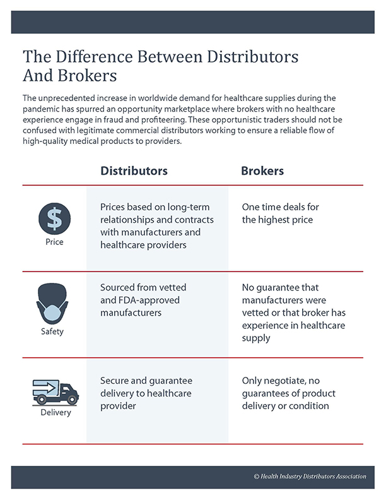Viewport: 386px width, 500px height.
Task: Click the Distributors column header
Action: tap(134, 171)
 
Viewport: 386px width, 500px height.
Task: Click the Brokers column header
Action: tap(262, 171)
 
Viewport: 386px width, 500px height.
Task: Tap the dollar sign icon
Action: tap(54, 218)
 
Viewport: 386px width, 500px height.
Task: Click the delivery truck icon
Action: tap(56, 392)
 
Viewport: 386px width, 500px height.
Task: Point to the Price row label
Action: tap(54, 242)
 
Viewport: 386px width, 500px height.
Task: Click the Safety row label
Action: tap(52, 331)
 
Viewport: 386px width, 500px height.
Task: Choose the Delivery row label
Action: tap(56, 412)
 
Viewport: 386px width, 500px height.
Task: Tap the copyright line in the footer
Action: tap(310, 477)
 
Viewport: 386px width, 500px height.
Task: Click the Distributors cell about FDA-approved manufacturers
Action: tap(143, 300)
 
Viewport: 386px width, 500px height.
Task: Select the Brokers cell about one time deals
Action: tap(280, 213)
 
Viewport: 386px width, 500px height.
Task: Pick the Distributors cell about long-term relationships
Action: tap(156, 226)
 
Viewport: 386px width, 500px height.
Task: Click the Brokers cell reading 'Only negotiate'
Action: tap(288, 393)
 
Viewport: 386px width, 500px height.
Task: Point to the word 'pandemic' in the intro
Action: tap(41, 109)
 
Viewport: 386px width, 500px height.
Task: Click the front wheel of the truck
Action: tap(72, 399)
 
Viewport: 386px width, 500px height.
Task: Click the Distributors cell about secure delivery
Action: tap(146, 393)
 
